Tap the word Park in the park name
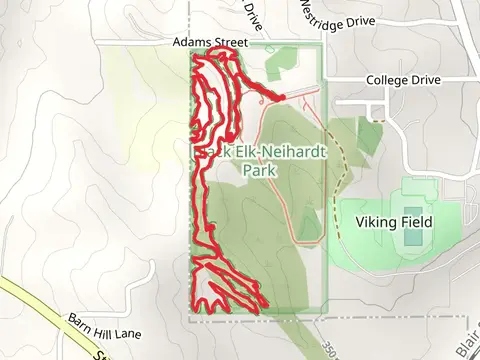[x=261, y=170]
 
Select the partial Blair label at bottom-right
[x=471, y=345]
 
